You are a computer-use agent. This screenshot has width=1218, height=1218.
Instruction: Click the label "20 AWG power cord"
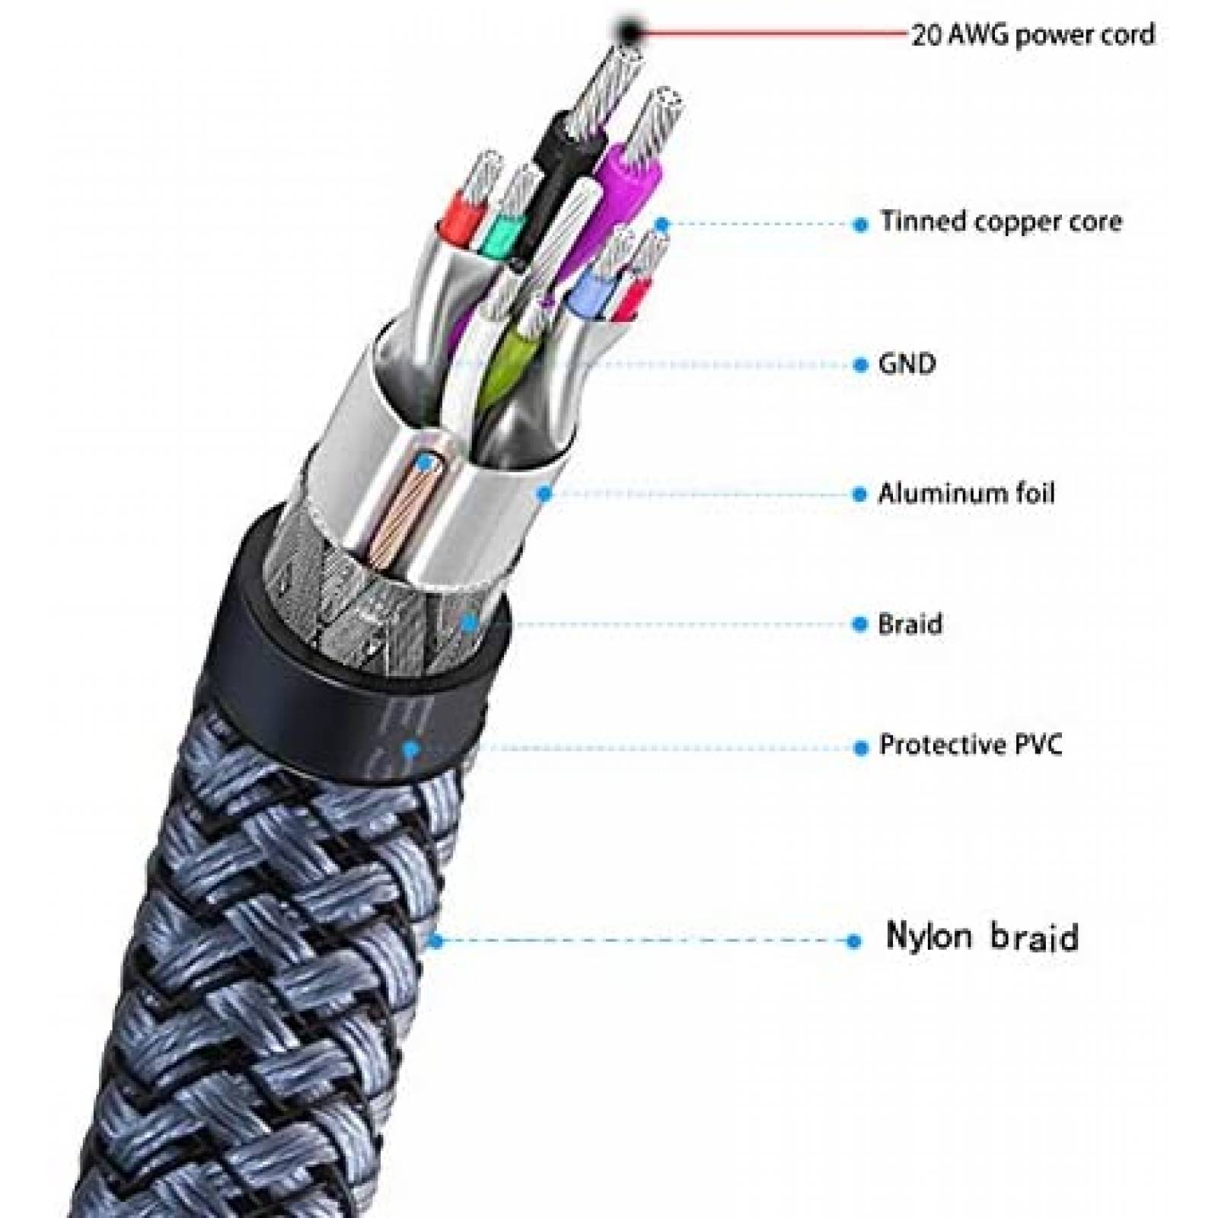(1033, 35)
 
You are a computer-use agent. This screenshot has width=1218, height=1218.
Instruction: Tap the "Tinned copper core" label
(1001, 222)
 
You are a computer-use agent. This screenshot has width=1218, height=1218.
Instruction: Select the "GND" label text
(907, 364)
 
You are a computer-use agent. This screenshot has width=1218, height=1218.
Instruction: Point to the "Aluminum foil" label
(966, 493)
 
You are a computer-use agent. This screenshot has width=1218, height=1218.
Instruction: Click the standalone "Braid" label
(910, 624)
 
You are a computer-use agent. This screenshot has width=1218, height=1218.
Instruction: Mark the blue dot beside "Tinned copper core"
(861, 225)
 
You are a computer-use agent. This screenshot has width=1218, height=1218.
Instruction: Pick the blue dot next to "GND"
(860, 365)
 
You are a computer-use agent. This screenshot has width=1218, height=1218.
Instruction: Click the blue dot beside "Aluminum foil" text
(860, 495)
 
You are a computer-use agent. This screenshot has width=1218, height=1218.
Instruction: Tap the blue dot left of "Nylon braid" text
(853, 942)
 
